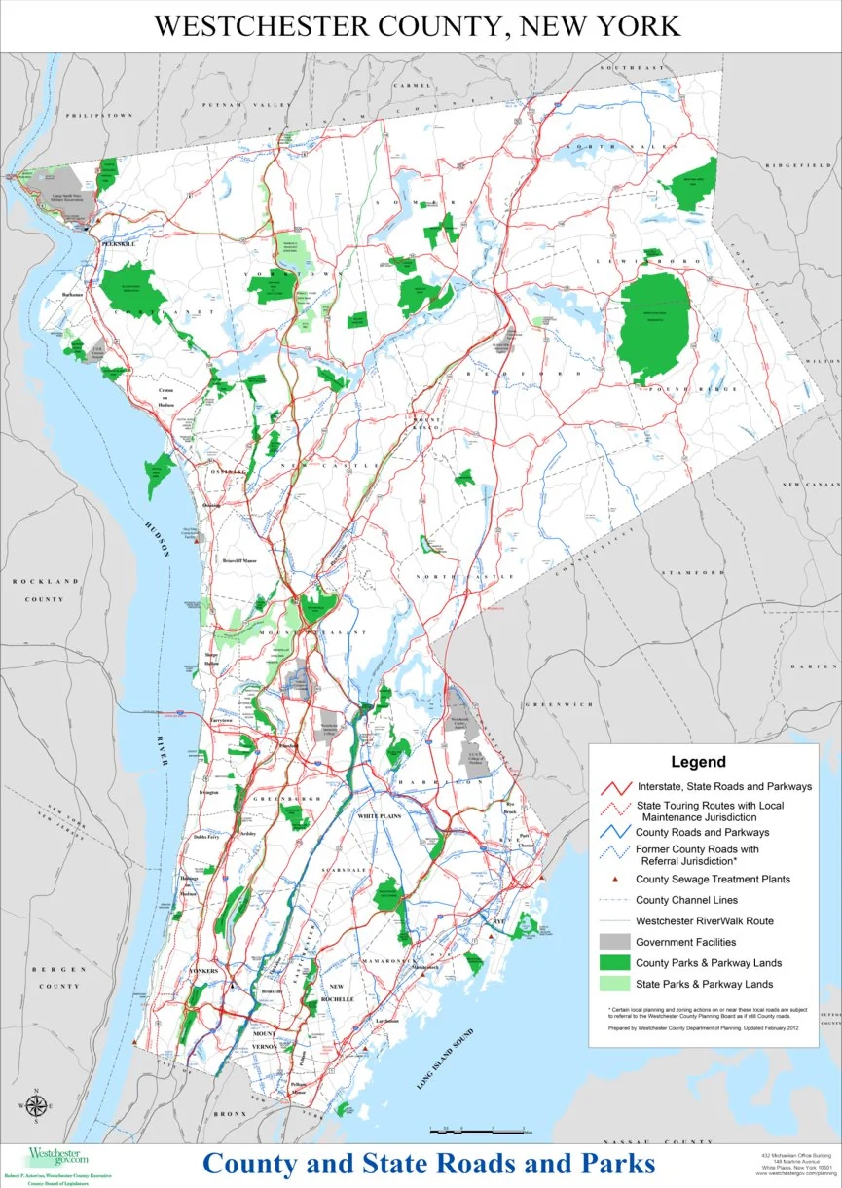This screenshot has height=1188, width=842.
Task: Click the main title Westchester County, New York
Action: tap(418, 25)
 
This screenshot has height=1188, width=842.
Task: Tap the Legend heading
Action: tap(698, 762)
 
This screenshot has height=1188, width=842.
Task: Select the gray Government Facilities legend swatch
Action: tap(614, 942)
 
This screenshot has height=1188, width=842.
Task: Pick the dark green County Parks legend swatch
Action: tap(614, 963)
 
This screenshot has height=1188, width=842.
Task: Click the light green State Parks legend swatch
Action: tap(614, 985)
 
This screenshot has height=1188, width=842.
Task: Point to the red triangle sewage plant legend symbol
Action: tap(614, 879)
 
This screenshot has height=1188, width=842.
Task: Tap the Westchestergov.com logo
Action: tap(58, 1157)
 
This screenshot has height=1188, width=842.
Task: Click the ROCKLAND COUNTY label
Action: tap(45, 590)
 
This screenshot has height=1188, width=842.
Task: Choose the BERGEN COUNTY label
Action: tap(59, 978)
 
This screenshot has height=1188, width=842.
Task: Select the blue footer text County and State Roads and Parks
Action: tap(428, 1164)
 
